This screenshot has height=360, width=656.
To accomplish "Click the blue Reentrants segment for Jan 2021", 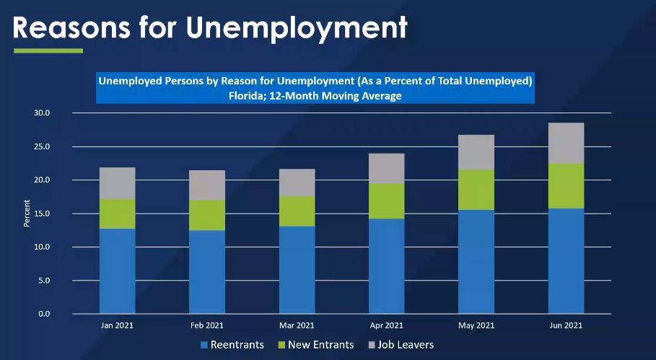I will (x=117, y=271).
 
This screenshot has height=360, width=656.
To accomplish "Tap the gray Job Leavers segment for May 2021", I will (x=476, y=152).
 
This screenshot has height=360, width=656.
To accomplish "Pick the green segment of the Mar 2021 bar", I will (x=296, y=211).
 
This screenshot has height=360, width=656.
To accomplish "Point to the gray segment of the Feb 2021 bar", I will (x=206, y=185).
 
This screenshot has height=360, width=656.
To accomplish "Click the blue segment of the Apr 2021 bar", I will (x=386, y=265).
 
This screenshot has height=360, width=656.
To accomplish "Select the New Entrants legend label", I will (x=320, y=345).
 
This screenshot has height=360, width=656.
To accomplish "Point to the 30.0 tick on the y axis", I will (x=43, y=113).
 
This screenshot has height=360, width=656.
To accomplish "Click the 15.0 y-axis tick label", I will (x=43, y=214).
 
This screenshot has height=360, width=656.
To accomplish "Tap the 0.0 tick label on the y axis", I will (x=45, y=314).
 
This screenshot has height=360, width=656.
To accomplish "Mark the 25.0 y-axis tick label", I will (x=43, y=146).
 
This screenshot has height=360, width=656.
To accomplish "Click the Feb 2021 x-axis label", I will (x=206, y=325).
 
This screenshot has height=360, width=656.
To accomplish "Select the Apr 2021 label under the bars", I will (x=386, y=325).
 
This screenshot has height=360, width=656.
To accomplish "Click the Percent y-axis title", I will (x=27, y=214).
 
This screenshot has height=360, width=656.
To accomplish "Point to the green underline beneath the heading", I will (x=48, y=51).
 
